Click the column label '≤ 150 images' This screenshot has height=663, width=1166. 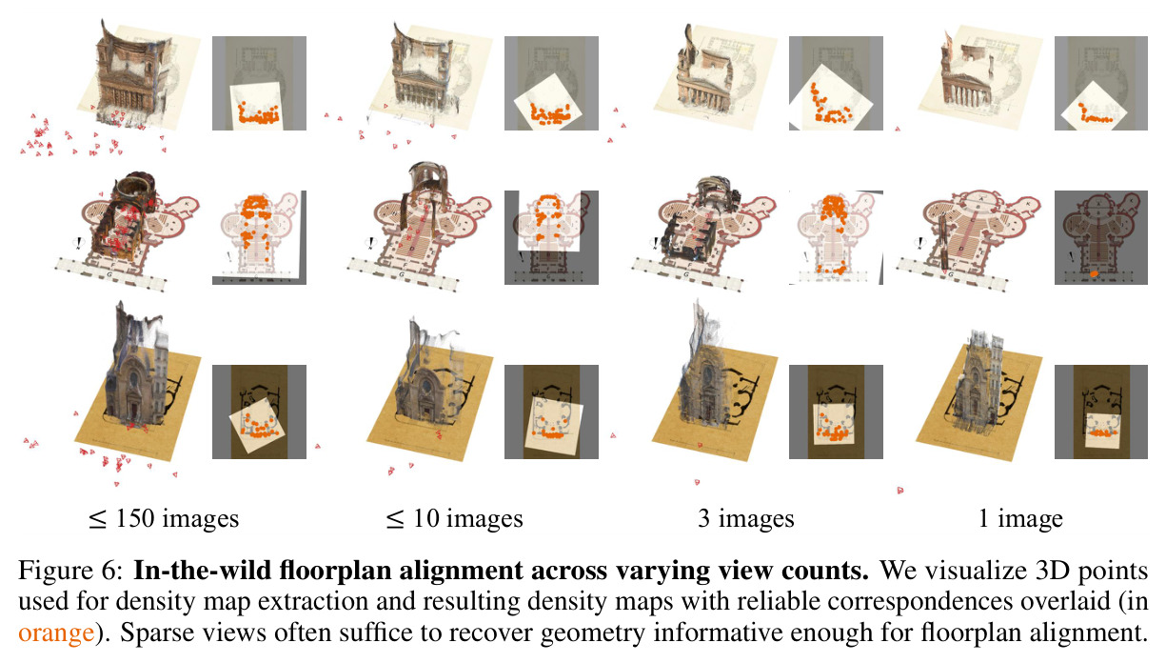pos(164,519)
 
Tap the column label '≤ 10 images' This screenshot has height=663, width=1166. pos(454,519)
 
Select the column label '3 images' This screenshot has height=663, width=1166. pos(746,519)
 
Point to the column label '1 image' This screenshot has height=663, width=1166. pos(1020,519)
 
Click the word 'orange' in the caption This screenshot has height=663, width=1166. pos(56,633)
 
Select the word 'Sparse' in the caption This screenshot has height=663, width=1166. pos(157,633)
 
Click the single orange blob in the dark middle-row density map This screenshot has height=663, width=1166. pos(1095,272)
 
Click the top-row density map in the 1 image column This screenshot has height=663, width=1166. pos(1101,83)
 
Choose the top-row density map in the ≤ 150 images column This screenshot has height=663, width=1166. pos(259,83)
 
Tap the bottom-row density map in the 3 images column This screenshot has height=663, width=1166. pos(836,412)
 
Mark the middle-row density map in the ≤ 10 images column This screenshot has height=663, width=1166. pos(551,237)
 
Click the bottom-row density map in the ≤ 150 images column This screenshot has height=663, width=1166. pos(259,412)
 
